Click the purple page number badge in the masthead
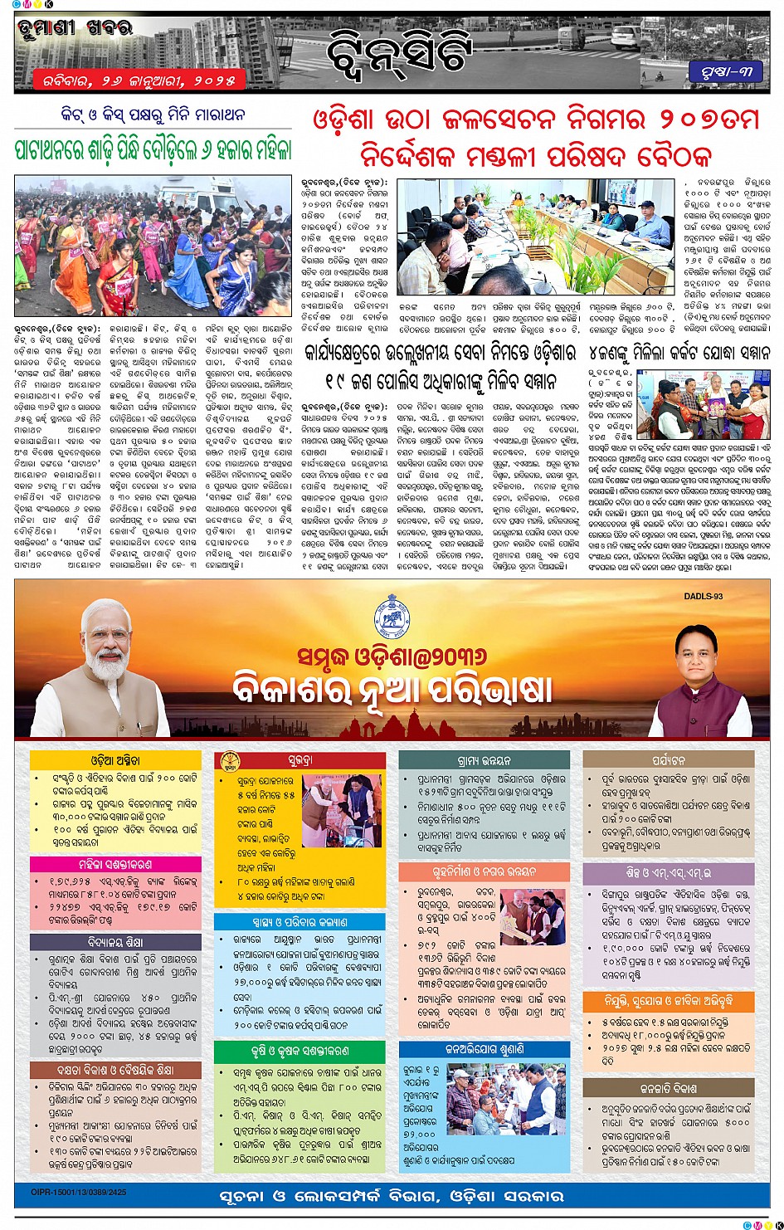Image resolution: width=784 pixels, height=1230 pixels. (x=725, y=72)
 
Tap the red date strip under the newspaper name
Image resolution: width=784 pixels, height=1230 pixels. (x=139, y=81)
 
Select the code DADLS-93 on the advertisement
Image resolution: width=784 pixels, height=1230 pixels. (x=704, y=596)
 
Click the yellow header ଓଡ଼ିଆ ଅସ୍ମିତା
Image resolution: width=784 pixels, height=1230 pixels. (x=115, y=759)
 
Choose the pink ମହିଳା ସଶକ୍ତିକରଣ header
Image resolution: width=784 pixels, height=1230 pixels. (x=115, y=864)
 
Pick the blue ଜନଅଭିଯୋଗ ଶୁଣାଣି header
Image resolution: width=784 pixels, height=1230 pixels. (x=485, y=1049)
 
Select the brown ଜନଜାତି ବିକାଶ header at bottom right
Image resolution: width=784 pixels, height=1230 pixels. (x=669, y=1088)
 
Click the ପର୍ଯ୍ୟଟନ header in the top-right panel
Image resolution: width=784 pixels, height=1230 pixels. (x=669, y=759)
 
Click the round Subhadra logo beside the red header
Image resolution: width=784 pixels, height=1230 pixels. (x=229, y=759)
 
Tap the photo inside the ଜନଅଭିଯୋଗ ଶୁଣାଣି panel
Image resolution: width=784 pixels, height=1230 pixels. (x=506, y=1099)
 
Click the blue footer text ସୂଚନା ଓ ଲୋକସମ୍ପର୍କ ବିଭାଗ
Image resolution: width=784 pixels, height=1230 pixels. (x=392, y=1196)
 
